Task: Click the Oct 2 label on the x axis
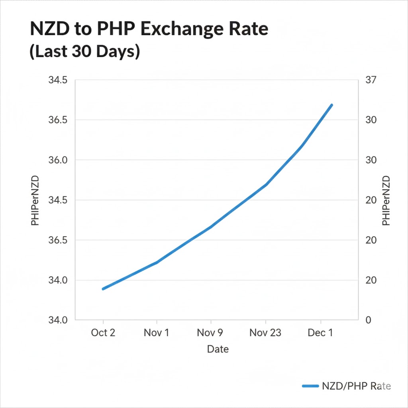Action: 103,332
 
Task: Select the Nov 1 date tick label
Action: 156,332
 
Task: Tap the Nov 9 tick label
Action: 210,332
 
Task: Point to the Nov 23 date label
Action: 265,332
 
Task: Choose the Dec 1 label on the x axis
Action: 320,332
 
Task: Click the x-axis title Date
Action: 218,349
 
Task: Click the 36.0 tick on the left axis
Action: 58,160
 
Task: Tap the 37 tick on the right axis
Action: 371,80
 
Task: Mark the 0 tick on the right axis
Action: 368,320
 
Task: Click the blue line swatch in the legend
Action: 311,386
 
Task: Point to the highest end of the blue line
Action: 331,105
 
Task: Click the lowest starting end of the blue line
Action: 103,289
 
